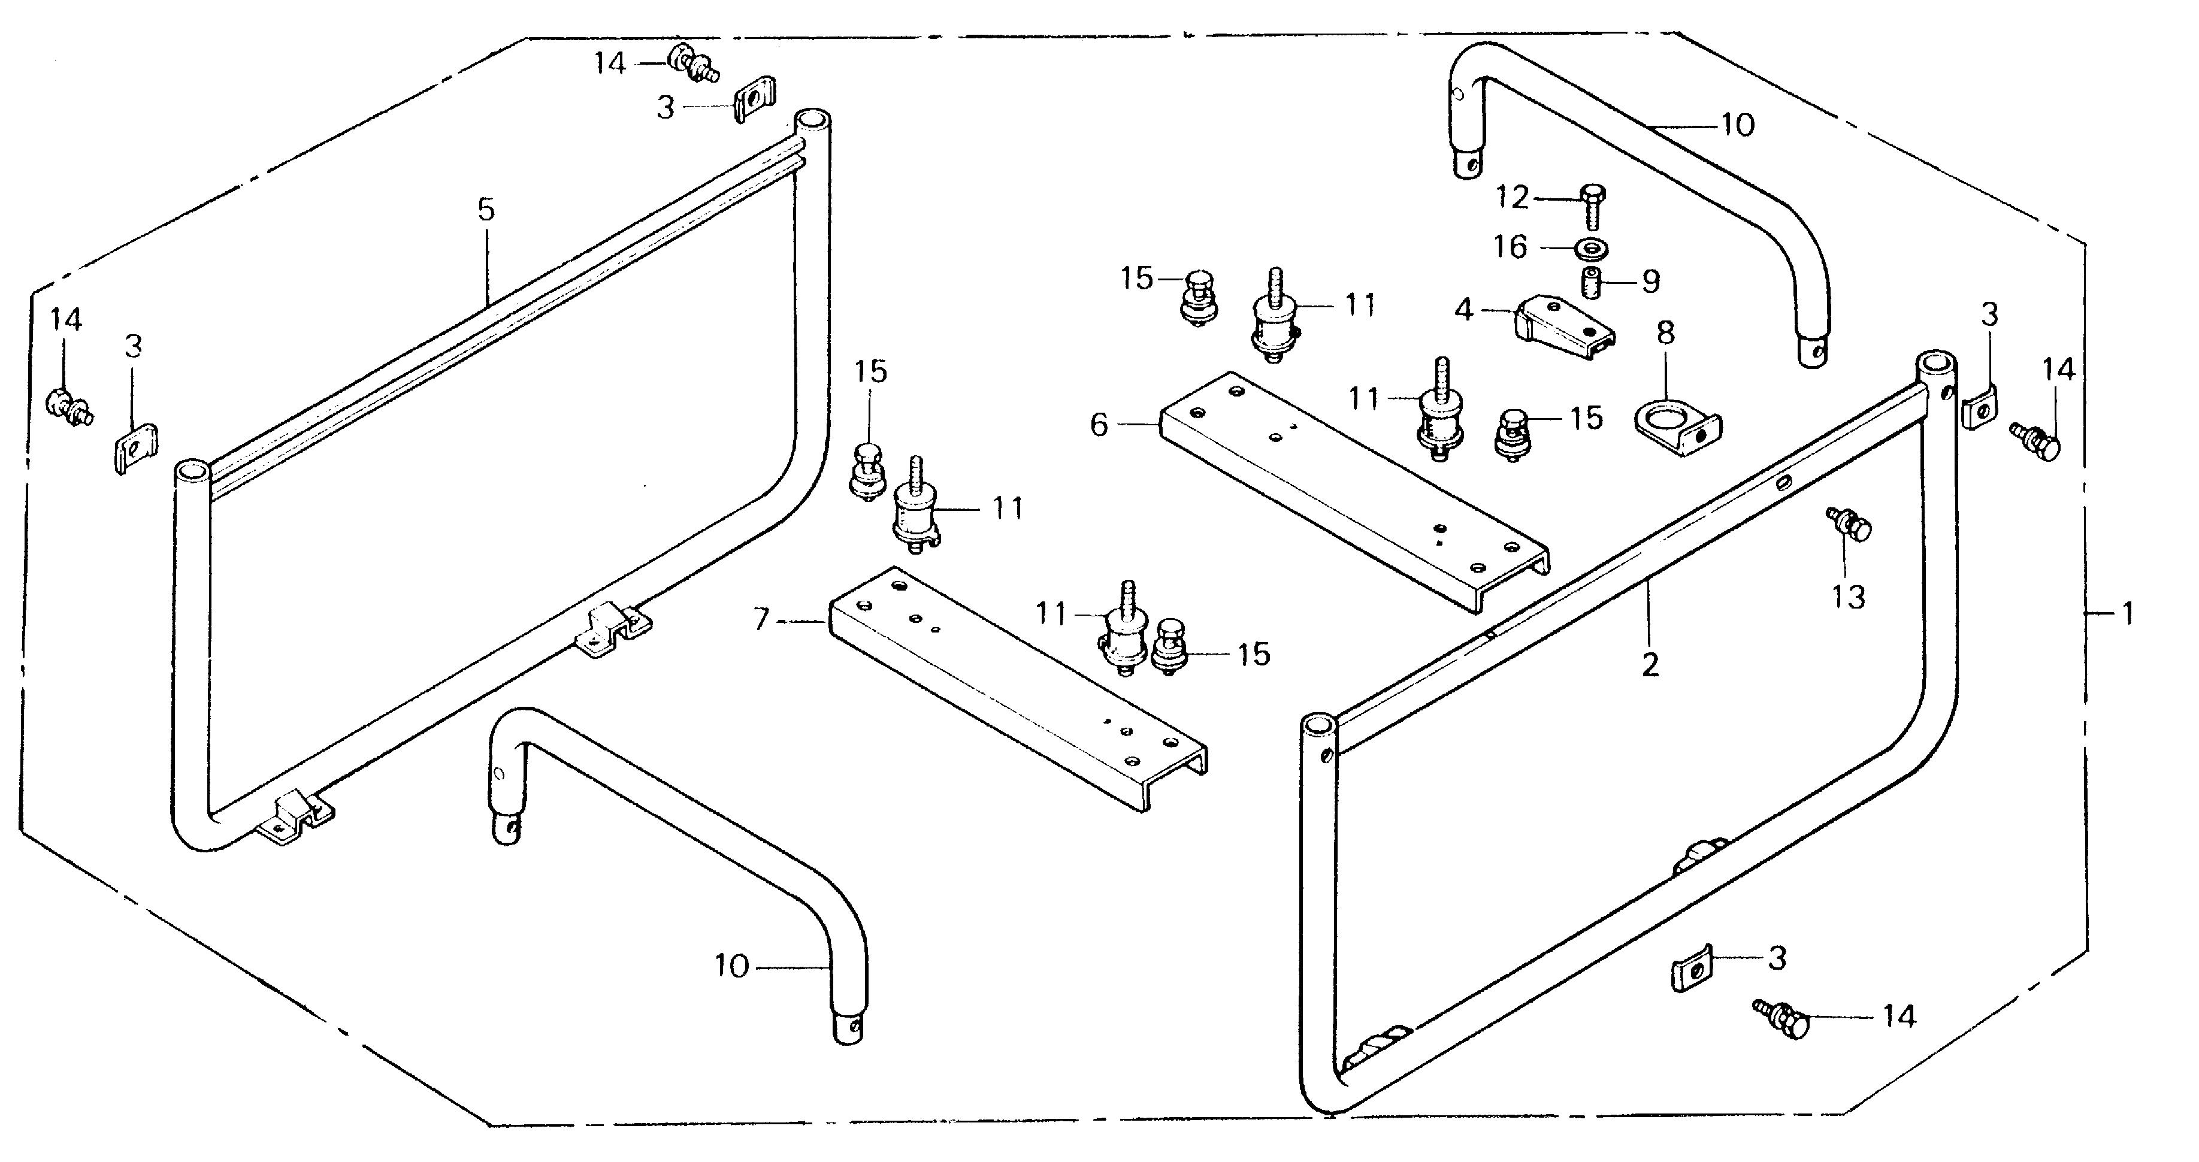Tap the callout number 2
pos(1650,664)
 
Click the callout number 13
pos(1848,597)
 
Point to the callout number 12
pos(1512,198)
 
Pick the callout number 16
pos(1510,247)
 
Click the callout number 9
pos(1651,281)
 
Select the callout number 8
pos(1665,334)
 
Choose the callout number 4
pos(1465,310)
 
